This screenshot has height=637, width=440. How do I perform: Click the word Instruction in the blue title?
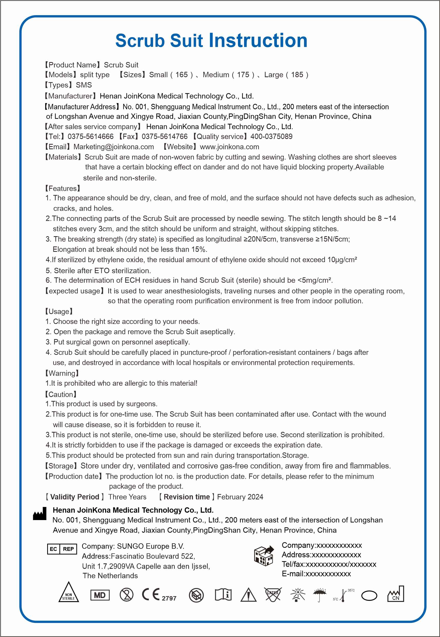click(258, 41)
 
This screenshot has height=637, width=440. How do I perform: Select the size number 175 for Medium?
click(243, 75)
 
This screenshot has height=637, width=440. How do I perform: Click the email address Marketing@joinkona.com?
click(114, 147)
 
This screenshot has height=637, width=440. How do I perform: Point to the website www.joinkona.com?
click(229, 147)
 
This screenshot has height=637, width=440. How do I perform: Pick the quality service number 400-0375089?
click(271, 136)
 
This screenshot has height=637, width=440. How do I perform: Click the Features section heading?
click(63, 188)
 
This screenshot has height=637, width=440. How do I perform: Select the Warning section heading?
click(62, 373)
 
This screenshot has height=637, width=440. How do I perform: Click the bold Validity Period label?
click(74, 497)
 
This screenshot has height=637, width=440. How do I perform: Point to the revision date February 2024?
click(240, 497)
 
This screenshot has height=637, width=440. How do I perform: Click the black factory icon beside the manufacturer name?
click(40, 514)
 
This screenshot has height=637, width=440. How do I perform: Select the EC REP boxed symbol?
click(62, 549)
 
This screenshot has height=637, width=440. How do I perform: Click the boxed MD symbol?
click(100, 595)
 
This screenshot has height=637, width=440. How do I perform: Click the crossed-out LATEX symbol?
click(273, 594)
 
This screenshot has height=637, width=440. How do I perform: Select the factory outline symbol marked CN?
click(396, 594)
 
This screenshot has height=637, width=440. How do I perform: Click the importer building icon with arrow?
click(264, 555)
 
